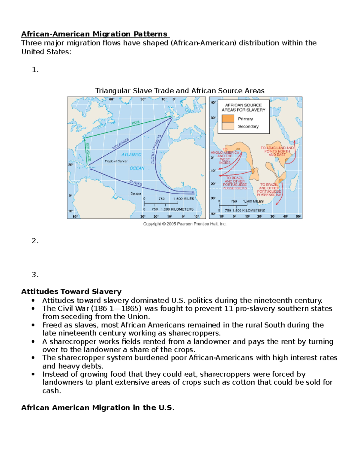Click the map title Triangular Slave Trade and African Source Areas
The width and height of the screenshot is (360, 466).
tap(180, 91)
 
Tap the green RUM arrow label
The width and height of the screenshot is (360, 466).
tap(135, 123)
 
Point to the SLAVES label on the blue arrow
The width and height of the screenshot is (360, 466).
tap(136, 183)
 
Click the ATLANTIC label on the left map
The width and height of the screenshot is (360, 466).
tap(131, 155)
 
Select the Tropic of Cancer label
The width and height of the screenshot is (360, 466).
tap(116, 161)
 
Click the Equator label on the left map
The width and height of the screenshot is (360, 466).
tap(136, 194)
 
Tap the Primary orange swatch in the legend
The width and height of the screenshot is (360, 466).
tap(228, 119)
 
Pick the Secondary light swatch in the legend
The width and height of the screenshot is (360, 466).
tap(228, 126)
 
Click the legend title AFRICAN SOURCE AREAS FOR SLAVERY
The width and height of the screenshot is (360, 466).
tap(243, 107)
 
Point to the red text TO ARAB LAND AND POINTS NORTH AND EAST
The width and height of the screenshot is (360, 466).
tap(277, 151)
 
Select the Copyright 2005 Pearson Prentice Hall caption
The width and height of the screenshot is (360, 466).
tap(184, 224)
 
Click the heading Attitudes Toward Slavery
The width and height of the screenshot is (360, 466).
tap(71, 291)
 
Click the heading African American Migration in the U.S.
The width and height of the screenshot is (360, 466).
tap(97, 407)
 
